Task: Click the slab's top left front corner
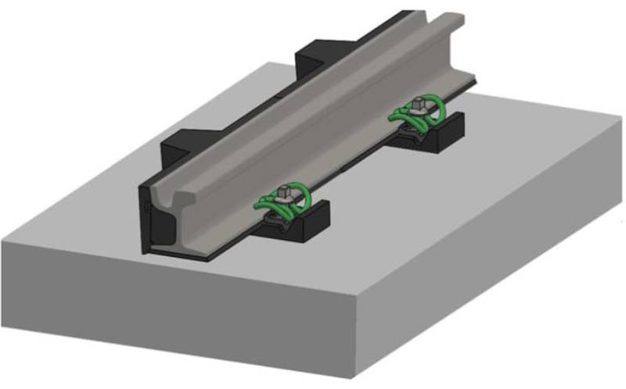point(3,242)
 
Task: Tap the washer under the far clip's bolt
point(420,109)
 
